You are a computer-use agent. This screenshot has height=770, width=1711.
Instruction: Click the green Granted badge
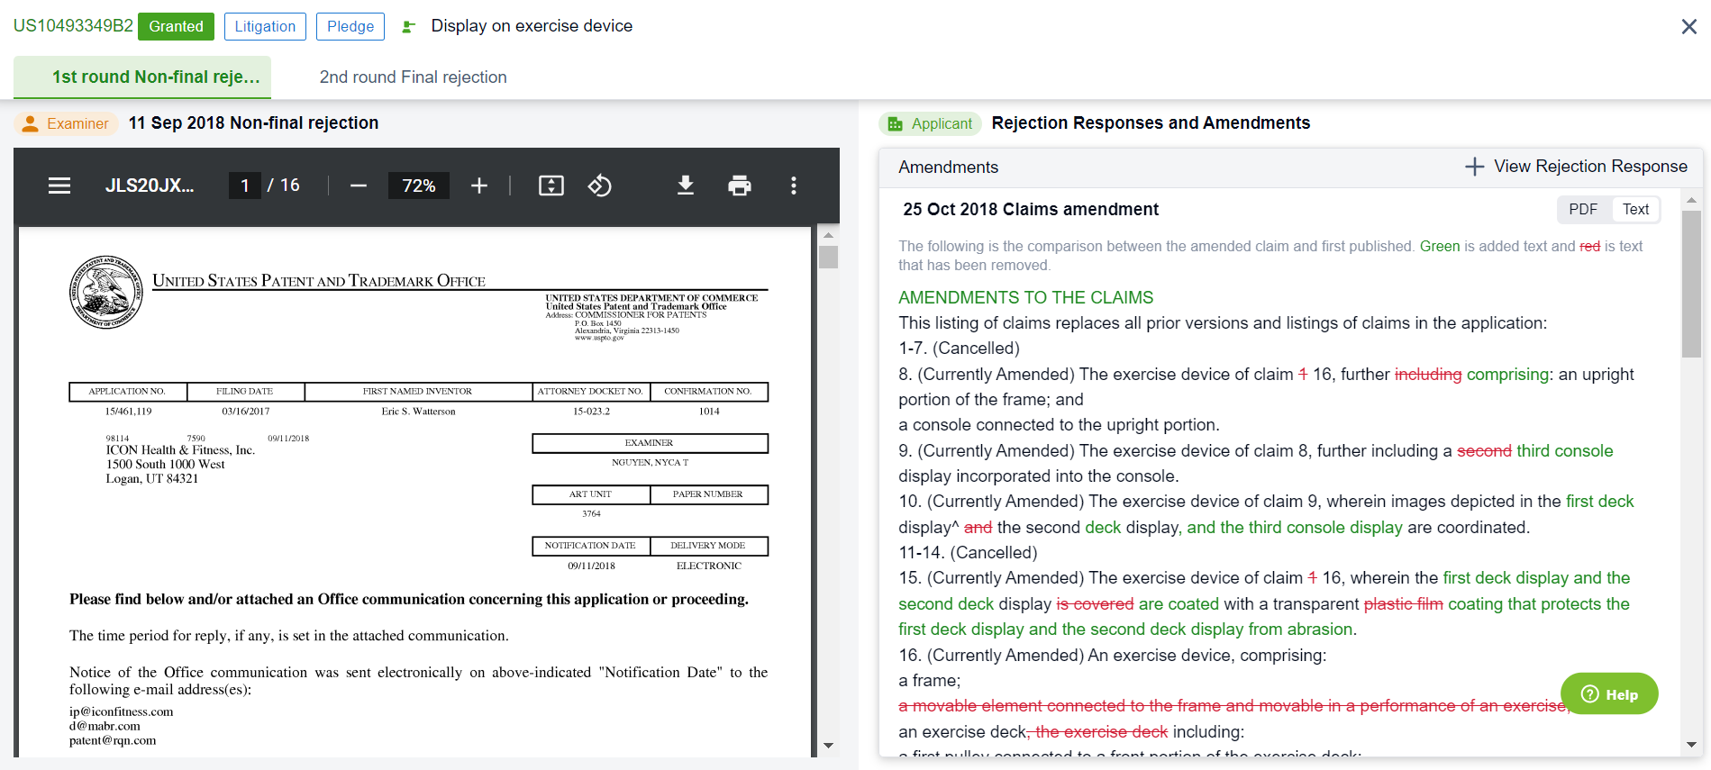pos(176,26)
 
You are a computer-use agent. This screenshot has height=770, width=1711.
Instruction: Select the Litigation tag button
pos(265,26)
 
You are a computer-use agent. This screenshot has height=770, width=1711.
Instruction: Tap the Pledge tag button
pos(350,26)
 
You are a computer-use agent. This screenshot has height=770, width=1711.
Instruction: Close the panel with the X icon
pos(1688,27)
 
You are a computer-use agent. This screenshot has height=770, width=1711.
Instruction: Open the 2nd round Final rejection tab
pos(413,77)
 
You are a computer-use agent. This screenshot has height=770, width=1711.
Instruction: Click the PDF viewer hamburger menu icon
pos(59,186)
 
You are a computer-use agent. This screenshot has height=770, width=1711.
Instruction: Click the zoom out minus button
pos(359,186)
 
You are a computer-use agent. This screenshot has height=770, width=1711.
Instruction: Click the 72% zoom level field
pos(419,186)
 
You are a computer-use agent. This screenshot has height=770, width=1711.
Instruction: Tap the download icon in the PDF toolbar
pos(686,186)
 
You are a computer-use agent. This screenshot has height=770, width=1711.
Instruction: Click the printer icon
pos(740,186)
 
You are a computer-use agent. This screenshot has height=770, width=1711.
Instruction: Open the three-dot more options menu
pos(794,186)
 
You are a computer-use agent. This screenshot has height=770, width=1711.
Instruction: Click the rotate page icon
pos(600,186)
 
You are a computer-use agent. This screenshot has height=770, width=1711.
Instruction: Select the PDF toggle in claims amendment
pos(1583,210)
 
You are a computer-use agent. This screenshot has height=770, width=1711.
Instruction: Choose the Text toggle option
pos(1635,210)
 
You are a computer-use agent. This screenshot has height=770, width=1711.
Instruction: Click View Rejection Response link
pos(1576,167)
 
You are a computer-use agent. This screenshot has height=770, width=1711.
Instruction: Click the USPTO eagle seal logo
pos(106,292)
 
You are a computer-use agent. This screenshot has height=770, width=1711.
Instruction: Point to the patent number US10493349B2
pos(73,26)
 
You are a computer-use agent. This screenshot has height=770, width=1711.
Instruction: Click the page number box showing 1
pos(244,186)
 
